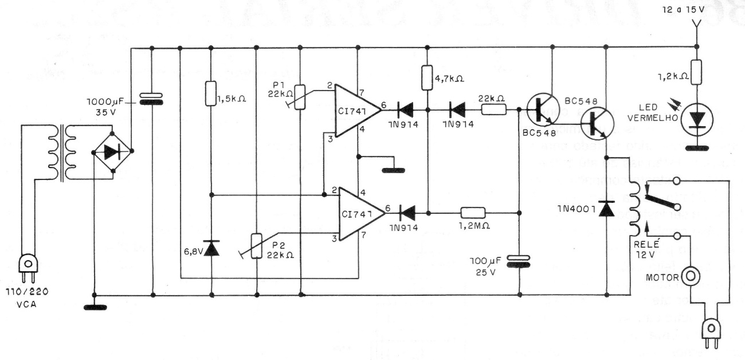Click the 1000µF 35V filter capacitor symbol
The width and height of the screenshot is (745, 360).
(x=152, y=99)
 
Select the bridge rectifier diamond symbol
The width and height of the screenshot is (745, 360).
(x=113, y=151)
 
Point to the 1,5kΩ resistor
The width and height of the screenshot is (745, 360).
(x=211, y=93)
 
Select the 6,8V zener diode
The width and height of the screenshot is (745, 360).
(x=211, y=248)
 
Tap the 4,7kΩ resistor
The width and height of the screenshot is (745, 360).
(x=428, y=79)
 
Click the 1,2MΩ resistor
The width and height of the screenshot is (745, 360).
(x=472, y=213)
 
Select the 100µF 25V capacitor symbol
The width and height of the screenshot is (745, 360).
(x=519, y=261)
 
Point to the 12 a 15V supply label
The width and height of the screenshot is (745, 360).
(x=695, y=10)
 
